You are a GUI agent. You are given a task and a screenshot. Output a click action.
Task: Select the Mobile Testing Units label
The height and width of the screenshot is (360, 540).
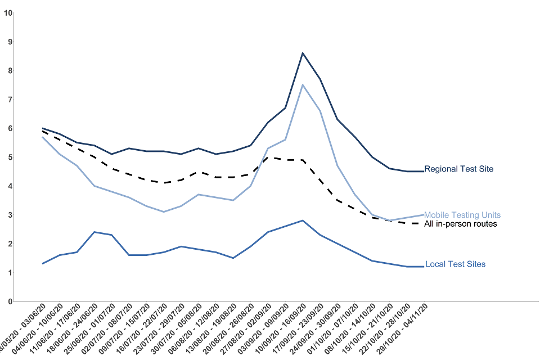coord(462,215)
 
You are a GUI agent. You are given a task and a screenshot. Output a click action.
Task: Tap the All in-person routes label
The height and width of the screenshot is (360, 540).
coord(461,224)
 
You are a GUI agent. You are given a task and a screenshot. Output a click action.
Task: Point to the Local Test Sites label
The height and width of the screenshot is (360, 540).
coord(455,264)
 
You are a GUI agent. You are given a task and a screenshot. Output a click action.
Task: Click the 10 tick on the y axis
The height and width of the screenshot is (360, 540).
coord(8,12)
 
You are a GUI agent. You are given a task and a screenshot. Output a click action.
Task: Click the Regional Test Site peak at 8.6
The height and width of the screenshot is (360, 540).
coord(303,53)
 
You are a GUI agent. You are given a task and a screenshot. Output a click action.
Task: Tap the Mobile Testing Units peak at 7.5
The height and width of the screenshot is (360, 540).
coord(303,85)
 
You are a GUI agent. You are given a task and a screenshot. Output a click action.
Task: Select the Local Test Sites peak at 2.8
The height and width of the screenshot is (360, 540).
coord(303,220)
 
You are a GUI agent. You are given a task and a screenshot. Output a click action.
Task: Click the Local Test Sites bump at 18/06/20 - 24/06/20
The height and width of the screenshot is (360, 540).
coord(94,232)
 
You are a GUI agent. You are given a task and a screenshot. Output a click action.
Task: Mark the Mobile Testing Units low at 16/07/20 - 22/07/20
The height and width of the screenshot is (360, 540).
coord(164,211)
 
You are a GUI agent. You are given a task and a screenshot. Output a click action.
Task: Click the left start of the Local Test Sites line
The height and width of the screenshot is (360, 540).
coord(43,263)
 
